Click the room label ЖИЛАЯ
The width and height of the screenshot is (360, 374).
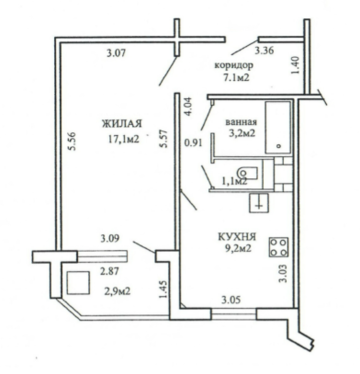[x=122, y=123]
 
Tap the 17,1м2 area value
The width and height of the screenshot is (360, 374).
[x=122, y=139]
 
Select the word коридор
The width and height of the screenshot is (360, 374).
[x=234, y=65]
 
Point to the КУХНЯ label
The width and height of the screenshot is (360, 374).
[x=237, y=237]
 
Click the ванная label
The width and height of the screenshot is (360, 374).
[x=241, y=121]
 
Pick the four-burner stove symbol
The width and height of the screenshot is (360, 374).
[x=278, y=247]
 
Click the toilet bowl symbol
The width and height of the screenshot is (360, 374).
[x=248, y=173]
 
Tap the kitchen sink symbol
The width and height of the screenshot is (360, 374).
[x=259, y=203]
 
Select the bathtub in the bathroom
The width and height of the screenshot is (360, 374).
[x=278, y=128]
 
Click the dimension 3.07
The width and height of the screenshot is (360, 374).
[x=116, y=53]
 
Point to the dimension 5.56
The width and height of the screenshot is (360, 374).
[x=73, y=141]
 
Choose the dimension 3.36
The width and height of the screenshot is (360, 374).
[x=264, y=51]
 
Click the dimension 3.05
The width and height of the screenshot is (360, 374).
[x=232, y=300]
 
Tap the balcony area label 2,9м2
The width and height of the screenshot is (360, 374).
[x=116, y=291]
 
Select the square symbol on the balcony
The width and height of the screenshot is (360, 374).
[x=78, y=283]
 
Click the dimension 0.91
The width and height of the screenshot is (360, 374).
[x=193, y=143]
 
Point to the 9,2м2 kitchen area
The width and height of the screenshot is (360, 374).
[x=237, y=249]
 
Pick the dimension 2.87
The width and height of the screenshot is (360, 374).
[x=110, y=271]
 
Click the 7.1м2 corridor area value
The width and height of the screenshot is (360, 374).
[x=236, y=78]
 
